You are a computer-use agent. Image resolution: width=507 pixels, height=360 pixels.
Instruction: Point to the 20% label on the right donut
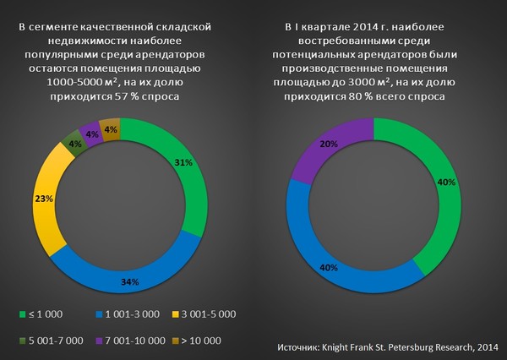(x=305, y=145)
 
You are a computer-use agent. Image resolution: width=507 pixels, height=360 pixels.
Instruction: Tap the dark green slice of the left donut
(x=74, y=141)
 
